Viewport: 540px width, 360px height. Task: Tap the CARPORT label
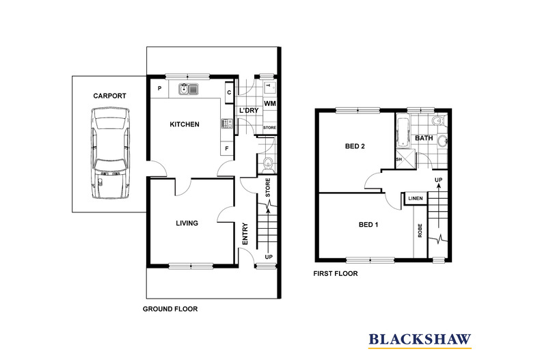110,96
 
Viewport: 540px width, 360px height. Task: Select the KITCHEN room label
185,124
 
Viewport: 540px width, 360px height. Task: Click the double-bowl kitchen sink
188,88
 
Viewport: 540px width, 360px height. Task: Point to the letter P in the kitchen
159,89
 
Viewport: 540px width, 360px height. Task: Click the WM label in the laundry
269,103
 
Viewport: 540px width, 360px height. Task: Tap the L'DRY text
247,111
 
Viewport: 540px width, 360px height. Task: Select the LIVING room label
187,223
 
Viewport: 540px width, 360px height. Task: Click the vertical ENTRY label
245,234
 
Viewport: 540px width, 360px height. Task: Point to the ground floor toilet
268,163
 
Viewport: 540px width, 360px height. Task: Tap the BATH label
424,138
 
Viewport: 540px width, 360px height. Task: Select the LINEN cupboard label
415,199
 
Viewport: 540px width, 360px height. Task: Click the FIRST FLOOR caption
336,273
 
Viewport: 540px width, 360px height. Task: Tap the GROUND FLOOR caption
170,309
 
